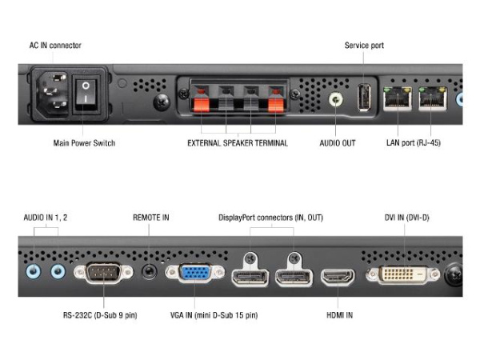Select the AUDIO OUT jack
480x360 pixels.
338,101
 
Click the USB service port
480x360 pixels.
363,97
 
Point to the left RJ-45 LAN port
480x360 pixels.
397,98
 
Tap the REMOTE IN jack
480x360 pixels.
149,272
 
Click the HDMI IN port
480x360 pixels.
338,277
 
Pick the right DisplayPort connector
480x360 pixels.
293,277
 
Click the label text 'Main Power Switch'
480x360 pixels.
84,143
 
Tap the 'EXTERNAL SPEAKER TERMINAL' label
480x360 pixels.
238,143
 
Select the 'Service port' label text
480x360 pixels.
364,46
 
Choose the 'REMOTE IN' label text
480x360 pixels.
151,217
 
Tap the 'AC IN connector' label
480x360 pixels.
55,46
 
